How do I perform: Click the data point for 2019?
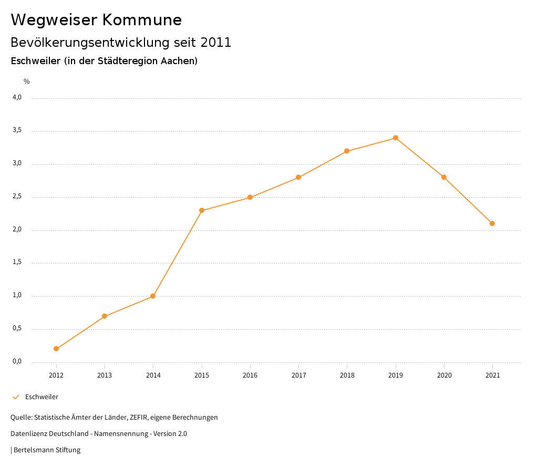click(396, 138)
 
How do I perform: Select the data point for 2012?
click(56, 349)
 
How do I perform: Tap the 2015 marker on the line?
click(202, 210)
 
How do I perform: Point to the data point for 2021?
click(492, 224)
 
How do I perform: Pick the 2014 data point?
click(153, 296)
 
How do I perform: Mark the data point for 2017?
click(298, 177)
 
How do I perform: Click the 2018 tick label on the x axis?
click(347, 375)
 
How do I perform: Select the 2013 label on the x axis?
click(105, 375)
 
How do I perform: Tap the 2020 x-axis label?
click(444, 375)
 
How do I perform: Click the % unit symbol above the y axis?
click(27, 82)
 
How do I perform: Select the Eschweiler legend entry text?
click(42, 397)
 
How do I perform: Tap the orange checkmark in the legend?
click(16, 397)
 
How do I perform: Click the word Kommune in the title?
click(142, 20)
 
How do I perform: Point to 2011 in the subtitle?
click(216, 43)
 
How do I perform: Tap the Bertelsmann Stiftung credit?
click(47, 450)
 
